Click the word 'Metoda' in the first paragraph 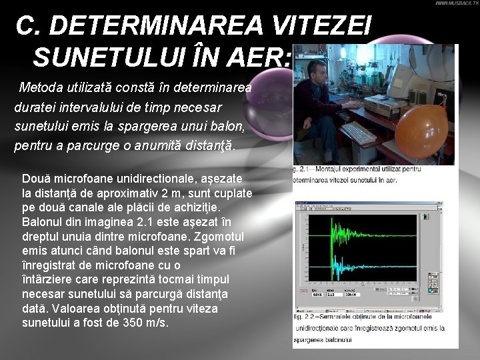(x=38, y=87)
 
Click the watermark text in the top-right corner (x=456, y=3)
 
